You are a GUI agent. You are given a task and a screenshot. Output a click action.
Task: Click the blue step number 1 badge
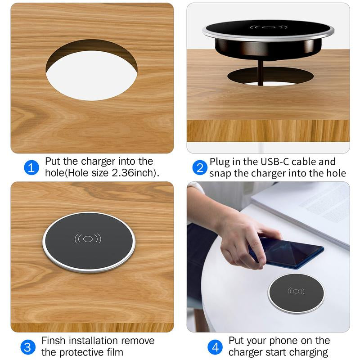[x=31, y=167]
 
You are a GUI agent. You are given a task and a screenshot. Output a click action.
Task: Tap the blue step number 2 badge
[x=200, y=167]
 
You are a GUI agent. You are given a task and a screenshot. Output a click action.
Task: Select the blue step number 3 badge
[x=28, y=347]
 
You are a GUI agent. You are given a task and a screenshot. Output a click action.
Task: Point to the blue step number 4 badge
[x=215, y=347]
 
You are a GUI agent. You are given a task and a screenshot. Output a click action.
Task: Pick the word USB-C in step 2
[x=274, y=162]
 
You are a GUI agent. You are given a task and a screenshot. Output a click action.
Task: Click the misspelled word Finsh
[x=54, y=341]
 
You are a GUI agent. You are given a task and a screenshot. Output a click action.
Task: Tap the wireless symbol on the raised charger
[x=268, y=27]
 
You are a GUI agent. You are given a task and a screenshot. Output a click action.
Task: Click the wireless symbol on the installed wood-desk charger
[x=88, y=239]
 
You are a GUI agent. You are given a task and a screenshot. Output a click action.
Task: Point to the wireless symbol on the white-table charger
[x=296, y=291]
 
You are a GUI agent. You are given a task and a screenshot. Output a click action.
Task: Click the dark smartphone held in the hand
[x=286, y=253]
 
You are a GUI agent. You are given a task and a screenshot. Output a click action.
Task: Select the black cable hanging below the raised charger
[x=261, y=72]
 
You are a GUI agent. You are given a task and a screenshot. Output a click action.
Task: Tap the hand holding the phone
[x=241, y=239]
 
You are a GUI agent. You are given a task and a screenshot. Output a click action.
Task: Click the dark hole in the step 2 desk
[x=270, y=76]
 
